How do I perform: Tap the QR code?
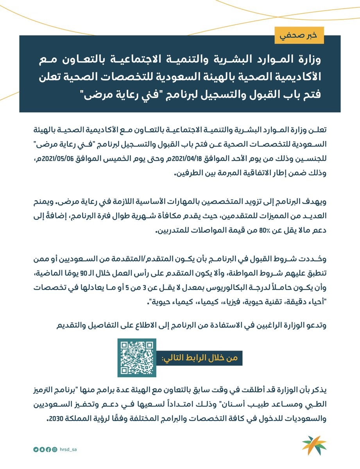click(x=137, y=358)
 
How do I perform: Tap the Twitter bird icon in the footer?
click(x=36, y=450)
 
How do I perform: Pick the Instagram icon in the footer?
click(x=55, y=450)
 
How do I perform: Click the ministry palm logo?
click(x=314, y=446)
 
